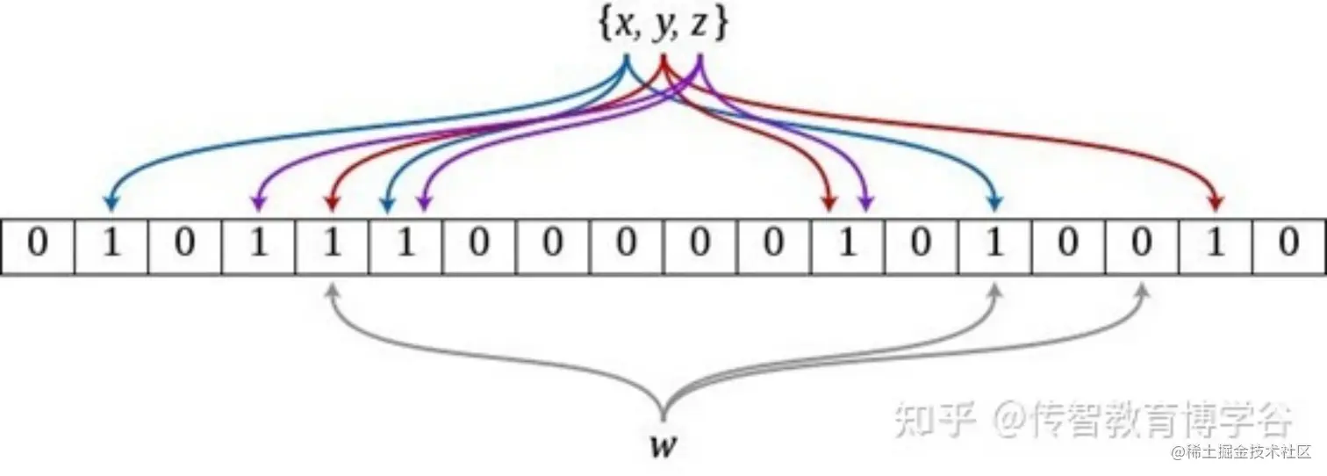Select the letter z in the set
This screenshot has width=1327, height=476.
(x=699, y=27)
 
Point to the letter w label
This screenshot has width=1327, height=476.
(x=662, y=446)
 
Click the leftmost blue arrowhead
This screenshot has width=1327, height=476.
(x=111, y=204)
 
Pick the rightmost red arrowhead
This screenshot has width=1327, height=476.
(x=1216, y=204)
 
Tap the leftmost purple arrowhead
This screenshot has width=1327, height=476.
(x=258, y=204)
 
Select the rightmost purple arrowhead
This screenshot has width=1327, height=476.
(x=865, y=204)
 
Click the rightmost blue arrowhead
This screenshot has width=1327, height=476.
(x=994, y=204)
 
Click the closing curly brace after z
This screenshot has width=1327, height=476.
(x=721, y=27)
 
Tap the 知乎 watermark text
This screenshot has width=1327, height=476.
(x=934, y=421)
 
